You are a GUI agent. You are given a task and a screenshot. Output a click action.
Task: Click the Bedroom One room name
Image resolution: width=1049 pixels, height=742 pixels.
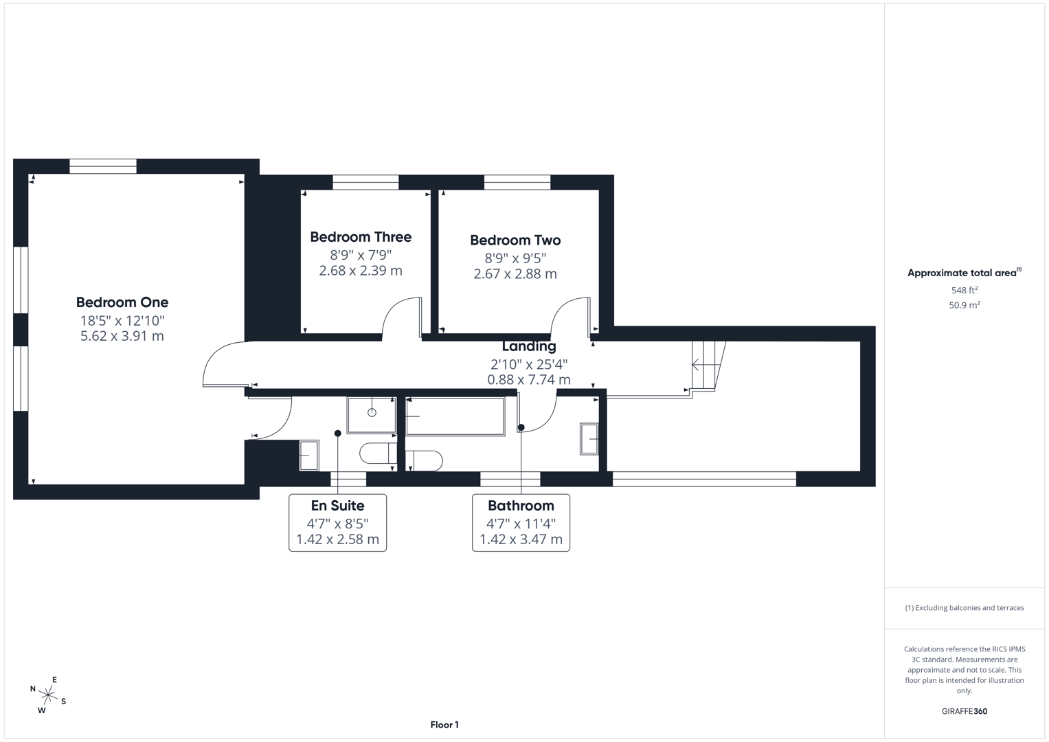click(x=122, y=302)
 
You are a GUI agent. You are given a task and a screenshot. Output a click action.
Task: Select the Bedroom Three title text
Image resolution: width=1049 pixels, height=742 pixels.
click(x=361, y=237)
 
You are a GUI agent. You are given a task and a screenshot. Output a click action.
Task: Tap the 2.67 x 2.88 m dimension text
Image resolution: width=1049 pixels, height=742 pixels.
click(x=515, y=274)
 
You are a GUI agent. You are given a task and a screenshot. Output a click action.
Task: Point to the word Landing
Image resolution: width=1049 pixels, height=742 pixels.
click(x=528, y=346)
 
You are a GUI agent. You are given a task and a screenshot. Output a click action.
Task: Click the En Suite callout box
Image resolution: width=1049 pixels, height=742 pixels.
click(x=337, y=522)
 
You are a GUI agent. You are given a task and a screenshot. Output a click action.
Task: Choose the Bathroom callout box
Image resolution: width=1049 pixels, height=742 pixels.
click(x=521, y=522)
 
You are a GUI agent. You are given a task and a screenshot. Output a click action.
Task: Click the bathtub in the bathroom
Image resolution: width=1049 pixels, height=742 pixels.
click(x=455, y=416)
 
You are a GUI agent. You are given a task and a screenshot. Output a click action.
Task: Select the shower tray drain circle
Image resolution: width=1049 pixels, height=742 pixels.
click(x=372, y=413)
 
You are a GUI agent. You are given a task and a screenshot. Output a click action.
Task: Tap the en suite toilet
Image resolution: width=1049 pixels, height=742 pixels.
click(x=377, y=453)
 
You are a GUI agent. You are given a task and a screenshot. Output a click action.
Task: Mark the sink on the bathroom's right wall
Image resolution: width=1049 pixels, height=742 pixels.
click(x=589, y=439)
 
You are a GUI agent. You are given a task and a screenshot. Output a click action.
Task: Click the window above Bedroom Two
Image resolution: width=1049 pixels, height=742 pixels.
click(x=517, y=182)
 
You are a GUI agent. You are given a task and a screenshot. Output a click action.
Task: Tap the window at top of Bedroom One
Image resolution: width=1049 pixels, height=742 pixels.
click(x=103, y=166)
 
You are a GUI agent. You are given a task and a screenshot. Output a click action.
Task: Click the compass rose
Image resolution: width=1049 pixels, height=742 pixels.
click(x=48, y=696)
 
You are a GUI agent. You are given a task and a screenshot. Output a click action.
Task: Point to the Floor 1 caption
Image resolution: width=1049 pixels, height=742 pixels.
click(x=444, y=725)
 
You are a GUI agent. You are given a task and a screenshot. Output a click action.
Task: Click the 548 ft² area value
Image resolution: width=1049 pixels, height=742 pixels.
click(x=964, y=291)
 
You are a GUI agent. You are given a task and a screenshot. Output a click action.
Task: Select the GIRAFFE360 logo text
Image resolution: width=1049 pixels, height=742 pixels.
click(x=964, y=712)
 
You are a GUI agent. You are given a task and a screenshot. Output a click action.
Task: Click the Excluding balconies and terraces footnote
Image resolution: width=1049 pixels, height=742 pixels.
click(x=964, y=608)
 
